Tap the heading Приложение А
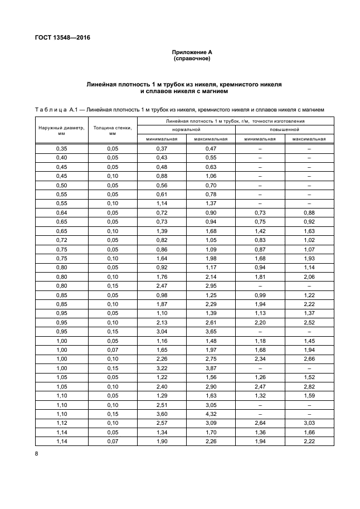click(192, 52)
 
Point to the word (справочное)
click(192, 58)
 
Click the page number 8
click(36, 454)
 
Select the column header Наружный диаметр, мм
click(61, 130)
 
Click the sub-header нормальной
click(186, 129)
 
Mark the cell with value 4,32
click(211, 415)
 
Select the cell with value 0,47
click(211, 149)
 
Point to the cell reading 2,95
click(211, 286)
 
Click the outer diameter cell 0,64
click(61, 214)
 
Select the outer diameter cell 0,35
click(61, 149)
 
